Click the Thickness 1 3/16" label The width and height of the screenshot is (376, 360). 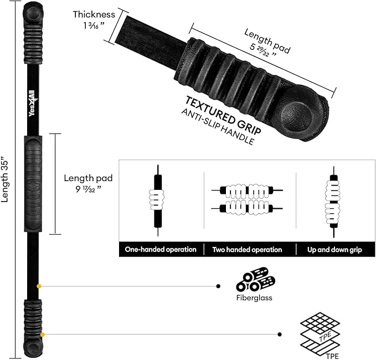[x=94, y=19]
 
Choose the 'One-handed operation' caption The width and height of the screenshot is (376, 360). [x=161, y=250]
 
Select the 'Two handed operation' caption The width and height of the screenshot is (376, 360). [x=247, y=250]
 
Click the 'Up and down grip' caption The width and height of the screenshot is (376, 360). [x=334, y=250]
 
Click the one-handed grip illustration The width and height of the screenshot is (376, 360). [x=158, y=197]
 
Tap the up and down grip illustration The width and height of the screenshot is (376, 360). [x=334, y=197]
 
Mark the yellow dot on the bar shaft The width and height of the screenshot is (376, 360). [x=39, y=286]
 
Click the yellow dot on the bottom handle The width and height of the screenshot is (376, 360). [x=42, y=334]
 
